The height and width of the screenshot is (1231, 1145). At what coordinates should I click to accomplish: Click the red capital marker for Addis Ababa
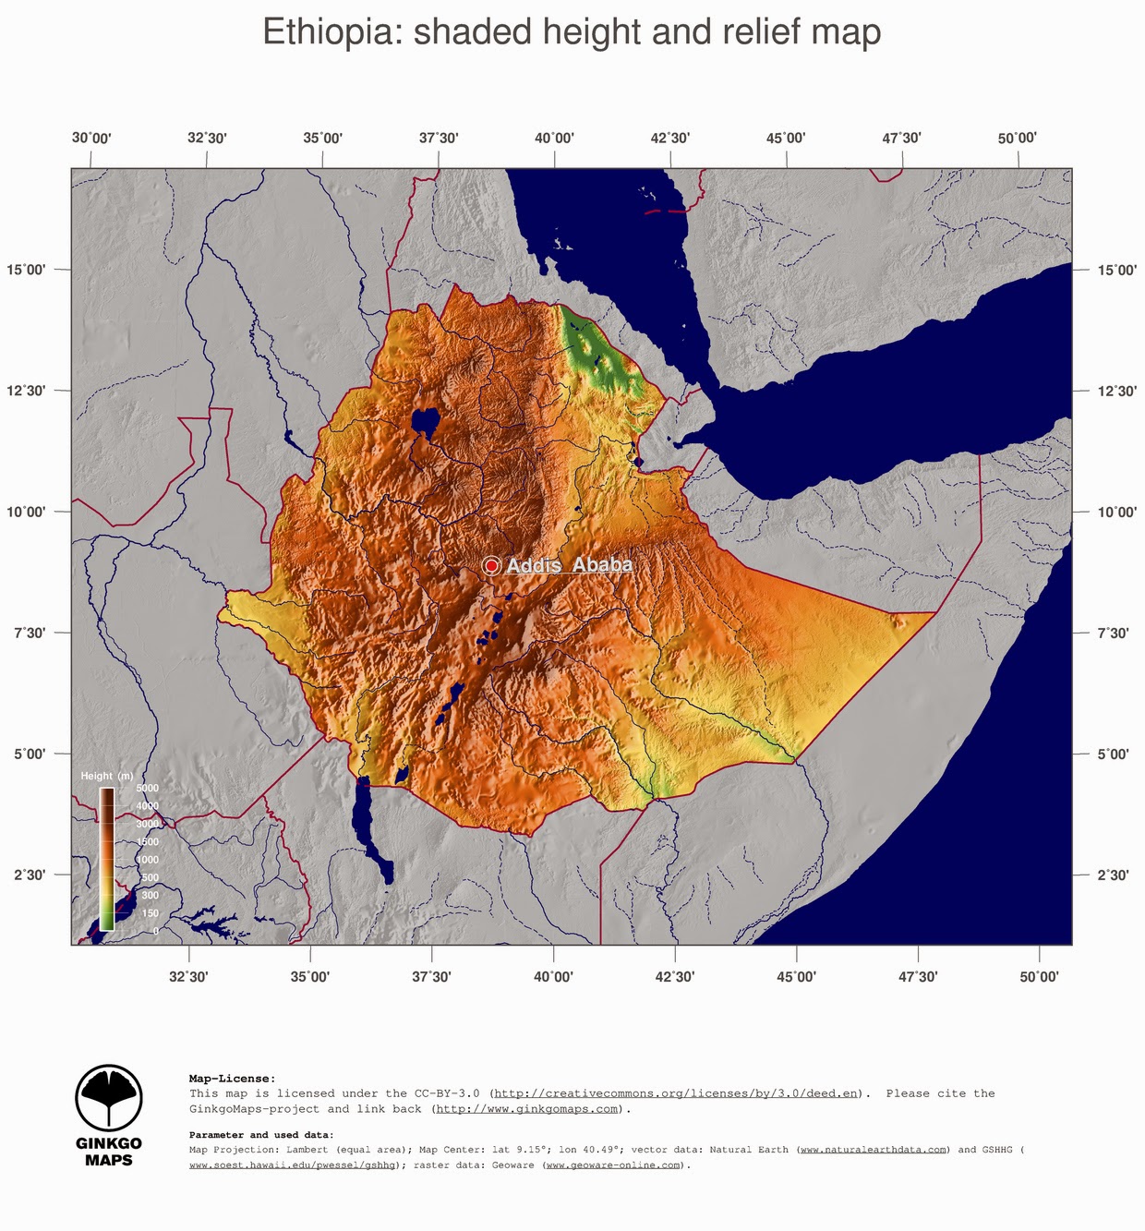pos(491,565)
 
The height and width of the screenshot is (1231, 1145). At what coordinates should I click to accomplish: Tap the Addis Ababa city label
pos(569,564)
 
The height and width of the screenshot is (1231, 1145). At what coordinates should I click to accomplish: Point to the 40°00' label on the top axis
pos(554,139)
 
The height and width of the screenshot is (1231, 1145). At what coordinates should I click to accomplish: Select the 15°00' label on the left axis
pos(27,270)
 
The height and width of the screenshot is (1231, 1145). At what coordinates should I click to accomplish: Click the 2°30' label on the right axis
pos(1113,875)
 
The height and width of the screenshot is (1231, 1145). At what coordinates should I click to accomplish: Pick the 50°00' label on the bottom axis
pos(1039,976)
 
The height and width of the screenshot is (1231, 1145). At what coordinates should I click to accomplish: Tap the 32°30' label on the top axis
pos(207,139)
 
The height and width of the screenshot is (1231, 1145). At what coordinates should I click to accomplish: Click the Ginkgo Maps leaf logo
pos(108,1098)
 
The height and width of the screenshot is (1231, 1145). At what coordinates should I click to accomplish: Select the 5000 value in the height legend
pos(148,788)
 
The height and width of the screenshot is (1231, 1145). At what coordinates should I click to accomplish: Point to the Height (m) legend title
pos(106,776)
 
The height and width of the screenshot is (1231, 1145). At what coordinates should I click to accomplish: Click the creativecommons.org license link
pos(676,1093)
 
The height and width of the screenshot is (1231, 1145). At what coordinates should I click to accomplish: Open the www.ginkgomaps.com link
pos(526,1109)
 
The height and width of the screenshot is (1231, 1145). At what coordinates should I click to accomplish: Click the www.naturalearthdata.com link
pos(874,1150)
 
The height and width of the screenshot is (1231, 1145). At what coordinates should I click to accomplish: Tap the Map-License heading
pos(232,1078)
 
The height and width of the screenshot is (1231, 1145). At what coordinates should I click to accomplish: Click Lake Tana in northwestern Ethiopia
pos(426,422)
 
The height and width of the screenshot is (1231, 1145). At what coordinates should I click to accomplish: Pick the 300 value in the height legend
pos(150,895)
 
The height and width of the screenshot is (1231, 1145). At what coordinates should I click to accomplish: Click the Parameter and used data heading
pos(261,1135)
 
